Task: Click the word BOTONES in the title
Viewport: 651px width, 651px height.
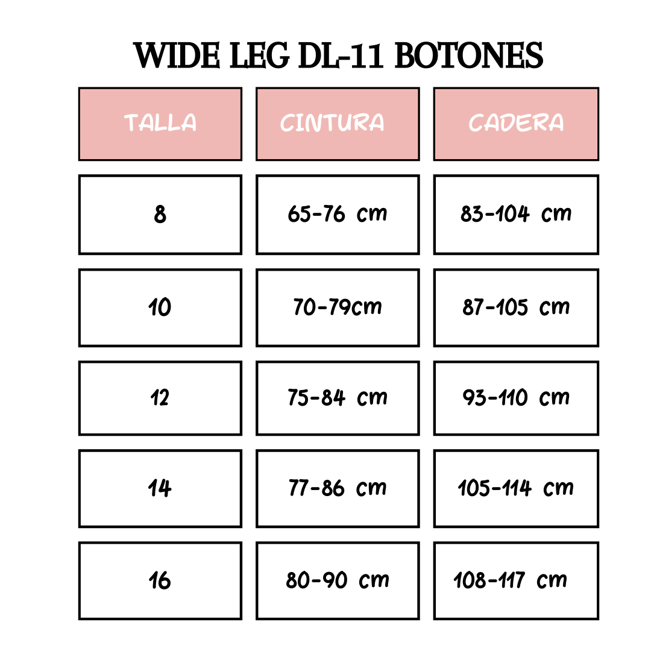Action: pos(469,55)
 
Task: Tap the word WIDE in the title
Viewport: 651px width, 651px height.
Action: pos(177,55)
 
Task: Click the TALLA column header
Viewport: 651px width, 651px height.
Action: pos(160,124)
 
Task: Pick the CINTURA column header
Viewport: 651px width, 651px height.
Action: pos(338,124)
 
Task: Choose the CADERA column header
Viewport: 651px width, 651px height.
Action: pos(516,124)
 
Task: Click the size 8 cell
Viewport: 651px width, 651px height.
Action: pos(160,215)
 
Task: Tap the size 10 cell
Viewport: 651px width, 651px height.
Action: pos(160,307)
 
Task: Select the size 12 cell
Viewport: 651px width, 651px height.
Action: pos(160,398)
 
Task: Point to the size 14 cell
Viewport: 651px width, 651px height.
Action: pos(160,489)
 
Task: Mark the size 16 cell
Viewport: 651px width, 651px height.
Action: pos(160,581)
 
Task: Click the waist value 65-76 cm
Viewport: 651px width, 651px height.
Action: pos(338,215)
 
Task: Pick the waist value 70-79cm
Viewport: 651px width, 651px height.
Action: pos(338,307)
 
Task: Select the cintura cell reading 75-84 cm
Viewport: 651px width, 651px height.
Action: pos(338,398)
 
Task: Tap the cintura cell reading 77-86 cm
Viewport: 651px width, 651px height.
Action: pos(338,489)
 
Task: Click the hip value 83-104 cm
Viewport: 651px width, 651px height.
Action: pos(516,215)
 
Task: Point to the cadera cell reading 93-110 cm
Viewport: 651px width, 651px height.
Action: pos(516,398)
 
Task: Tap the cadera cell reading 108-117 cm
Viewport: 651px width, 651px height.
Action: pos(516,581)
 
